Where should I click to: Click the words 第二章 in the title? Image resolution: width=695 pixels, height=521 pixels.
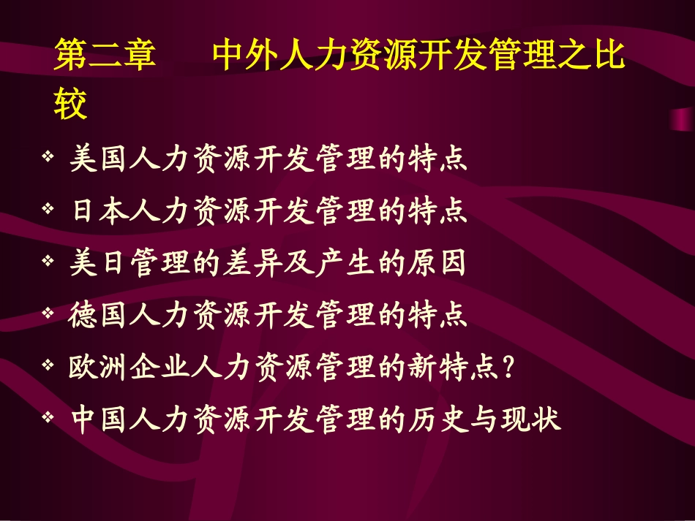pyautogui.click(x=105, y=56)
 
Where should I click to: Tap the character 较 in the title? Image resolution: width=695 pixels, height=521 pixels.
pyautogui.click(x=71, y=104)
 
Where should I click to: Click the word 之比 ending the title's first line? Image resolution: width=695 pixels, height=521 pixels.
pyautogui.click(x=591, y=56)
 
